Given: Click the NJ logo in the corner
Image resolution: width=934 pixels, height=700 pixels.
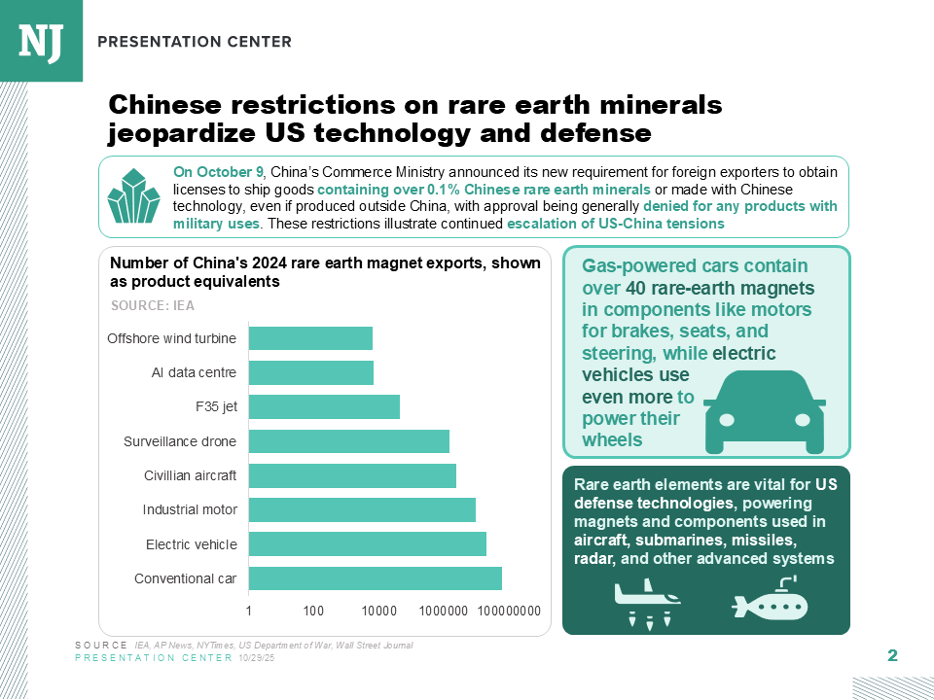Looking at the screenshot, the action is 41,41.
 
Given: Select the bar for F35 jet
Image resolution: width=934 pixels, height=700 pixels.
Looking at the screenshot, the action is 324,407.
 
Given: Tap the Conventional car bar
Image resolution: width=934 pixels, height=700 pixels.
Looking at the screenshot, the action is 376,578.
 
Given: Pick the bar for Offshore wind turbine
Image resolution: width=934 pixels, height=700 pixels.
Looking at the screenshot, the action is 310,338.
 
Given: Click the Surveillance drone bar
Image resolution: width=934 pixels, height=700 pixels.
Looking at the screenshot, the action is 349,441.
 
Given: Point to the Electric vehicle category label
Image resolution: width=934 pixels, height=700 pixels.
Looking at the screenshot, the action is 192,544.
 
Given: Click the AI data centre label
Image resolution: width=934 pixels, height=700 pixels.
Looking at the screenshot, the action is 194,372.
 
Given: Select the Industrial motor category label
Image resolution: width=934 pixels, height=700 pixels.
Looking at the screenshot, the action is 190,510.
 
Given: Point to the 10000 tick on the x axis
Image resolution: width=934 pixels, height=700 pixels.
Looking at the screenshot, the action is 379,611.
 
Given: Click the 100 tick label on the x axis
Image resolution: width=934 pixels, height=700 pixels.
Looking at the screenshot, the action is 313,611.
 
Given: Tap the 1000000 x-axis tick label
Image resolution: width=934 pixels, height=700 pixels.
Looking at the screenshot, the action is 444,611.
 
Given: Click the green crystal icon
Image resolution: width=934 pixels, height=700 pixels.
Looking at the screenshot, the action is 133,195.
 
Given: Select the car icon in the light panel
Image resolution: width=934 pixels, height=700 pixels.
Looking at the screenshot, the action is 765,412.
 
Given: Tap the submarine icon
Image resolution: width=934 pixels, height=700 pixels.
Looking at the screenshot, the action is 771,599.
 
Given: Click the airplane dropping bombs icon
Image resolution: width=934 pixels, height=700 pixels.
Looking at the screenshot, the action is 648,603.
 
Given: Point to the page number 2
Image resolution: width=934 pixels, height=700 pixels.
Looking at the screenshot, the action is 892,655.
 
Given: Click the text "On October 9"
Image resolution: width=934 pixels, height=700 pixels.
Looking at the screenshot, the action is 218,172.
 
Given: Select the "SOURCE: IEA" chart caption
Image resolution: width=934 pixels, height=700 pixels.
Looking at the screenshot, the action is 153,306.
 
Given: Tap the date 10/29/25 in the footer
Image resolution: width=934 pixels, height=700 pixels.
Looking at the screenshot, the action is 256,658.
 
